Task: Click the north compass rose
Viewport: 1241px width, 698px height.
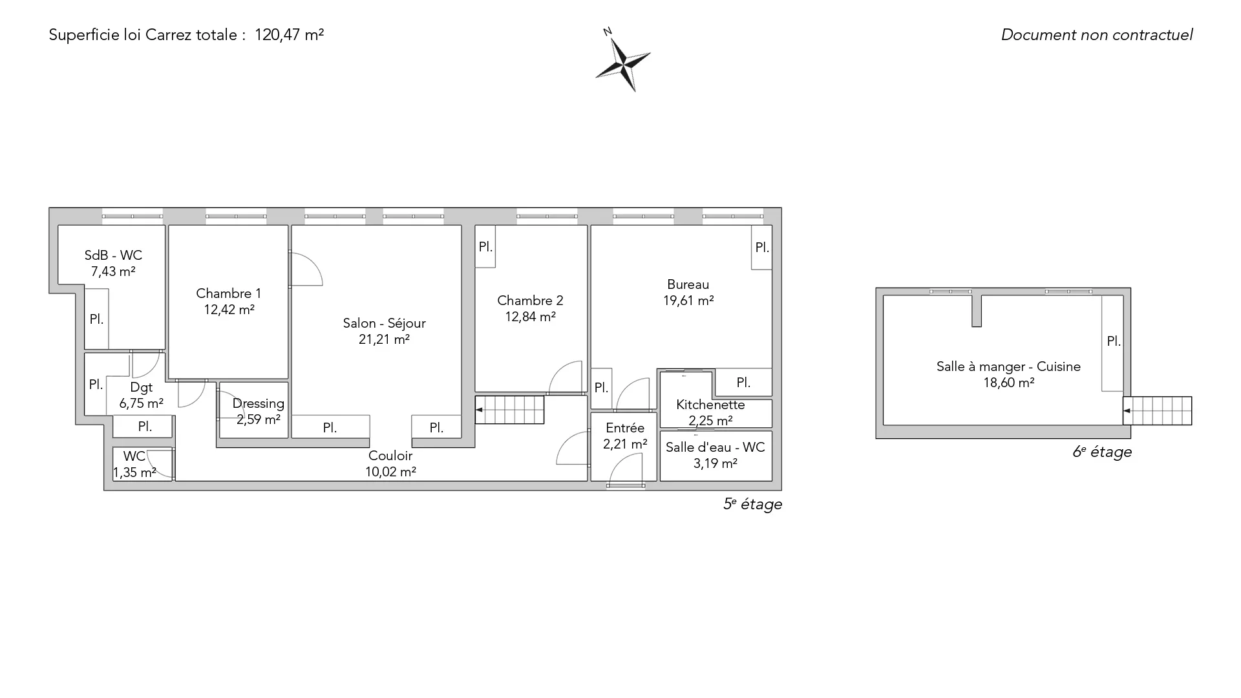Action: coord(623,63)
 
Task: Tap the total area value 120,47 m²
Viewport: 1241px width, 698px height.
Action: coord(289,35)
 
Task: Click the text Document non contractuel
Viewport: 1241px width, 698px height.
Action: coord(1097,35)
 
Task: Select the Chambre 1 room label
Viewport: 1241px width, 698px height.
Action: coord(229,293)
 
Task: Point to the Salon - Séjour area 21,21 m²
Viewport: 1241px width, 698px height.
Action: coord(384,339)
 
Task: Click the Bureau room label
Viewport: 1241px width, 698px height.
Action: coord(688,284)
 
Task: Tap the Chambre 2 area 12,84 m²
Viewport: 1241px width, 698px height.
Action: coord(530,317)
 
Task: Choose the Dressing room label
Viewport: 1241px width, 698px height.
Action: coord(258,404)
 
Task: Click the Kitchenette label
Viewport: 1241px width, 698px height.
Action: coord(710,405)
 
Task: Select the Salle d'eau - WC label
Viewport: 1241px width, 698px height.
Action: coord(715,447)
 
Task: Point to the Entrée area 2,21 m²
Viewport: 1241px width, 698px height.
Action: coord(625,444)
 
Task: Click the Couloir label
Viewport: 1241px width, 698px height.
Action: coord(390,456)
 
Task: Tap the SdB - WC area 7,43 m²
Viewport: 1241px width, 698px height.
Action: coord(113,271)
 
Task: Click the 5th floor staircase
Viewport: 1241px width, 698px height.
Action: coord(509,410)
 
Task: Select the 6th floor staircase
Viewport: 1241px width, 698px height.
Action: coord(1157,411)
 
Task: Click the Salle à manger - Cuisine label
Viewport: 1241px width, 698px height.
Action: coord(1008,366)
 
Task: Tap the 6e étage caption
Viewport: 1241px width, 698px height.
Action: coord(1102,452)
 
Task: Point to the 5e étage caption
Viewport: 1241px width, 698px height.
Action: coord(752,504)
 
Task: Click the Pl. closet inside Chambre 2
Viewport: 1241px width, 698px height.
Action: coord(485,246)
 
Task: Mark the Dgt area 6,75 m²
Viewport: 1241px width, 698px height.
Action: coord(141,403)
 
